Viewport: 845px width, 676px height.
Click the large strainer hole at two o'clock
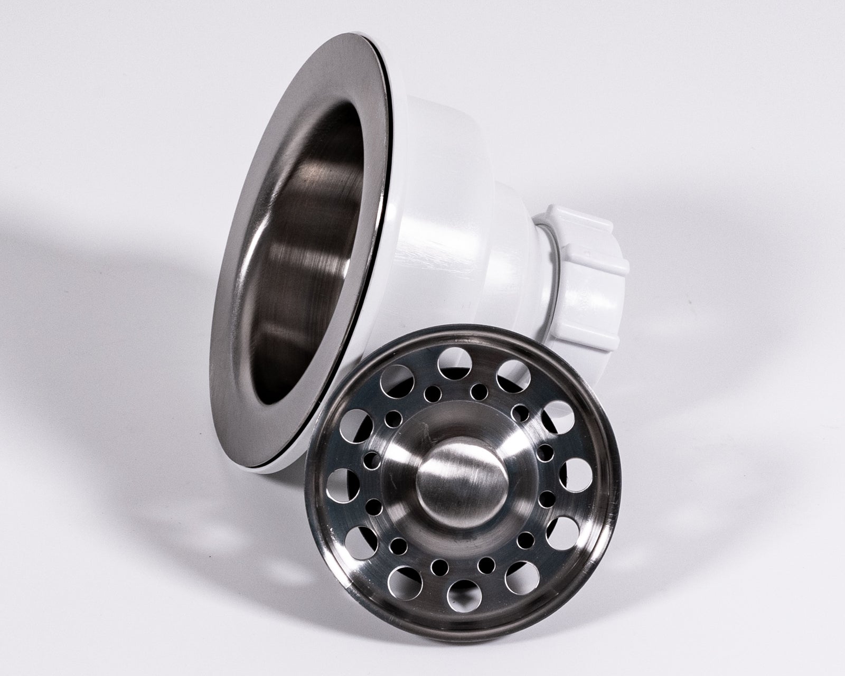(556, 410)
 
